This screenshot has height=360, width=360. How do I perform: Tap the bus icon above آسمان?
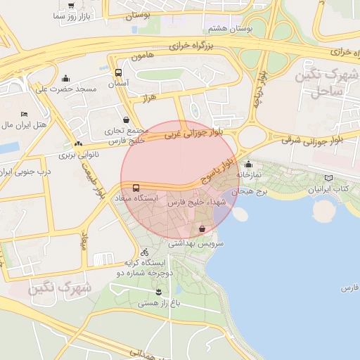click(x=118, y=72)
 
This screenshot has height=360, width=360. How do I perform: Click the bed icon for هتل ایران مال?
click(x=24, y=114)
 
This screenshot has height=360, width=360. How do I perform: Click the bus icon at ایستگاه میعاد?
click(x=136, y=188)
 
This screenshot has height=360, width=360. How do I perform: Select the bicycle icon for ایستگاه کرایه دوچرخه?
click(x=144, y=252)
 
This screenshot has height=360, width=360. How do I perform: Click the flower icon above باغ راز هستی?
click(x=158, y=291)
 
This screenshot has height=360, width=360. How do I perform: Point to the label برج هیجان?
click(x=252, y=191)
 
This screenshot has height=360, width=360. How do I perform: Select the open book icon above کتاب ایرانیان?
click(x=330, y=178)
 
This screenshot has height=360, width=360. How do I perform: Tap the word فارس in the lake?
click(x=349, y=288)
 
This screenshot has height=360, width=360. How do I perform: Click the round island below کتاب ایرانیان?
click(x=324, y=210)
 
